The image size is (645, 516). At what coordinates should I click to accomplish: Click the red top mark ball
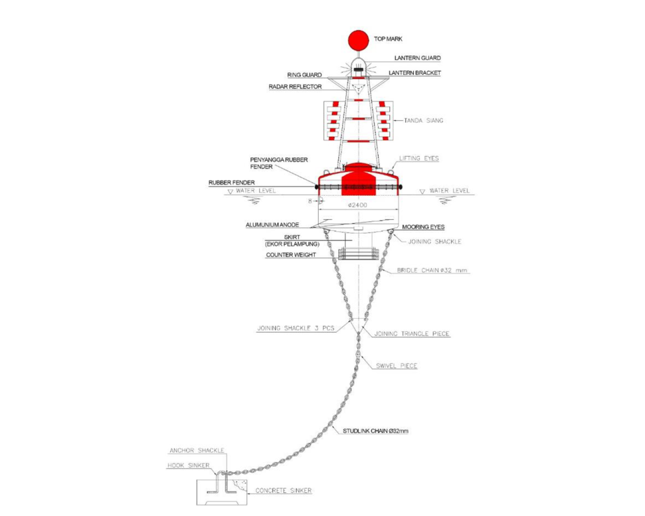coord(358,40)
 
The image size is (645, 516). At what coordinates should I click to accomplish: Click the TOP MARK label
coord(388,39)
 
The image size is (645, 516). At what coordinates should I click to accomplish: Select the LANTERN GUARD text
coord(417,58)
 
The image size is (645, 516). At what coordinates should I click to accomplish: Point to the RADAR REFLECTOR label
coord(295,87)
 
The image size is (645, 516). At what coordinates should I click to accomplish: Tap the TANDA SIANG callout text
coord(423,120)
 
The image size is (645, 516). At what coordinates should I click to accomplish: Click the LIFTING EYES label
coord(419,158)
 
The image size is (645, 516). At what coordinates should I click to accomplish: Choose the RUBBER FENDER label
coord(232,182)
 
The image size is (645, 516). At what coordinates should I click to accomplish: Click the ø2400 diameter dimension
coord(358,205)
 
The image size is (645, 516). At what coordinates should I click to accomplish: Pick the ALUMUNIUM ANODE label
coord(272,225)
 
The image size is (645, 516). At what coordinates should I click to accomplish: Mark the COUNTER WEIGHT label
coord(291,255)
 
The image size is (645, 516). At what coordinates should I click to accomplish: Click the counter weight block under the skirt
coord(358,253)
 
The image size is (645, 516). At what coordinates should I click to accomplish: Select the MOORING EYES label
coord(423,227)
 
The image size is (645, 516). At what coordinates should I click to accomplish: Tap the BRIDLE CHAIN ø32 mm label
coord(432,271)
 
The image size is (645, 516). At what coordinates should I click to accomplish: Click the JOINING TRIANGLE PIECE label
coord(412,334)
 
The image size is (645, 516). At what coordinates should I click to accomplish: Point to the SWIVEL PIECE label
coord(397,366)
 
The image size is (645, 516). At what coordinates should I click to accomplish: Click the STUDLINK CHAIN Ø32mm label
coord(375,431)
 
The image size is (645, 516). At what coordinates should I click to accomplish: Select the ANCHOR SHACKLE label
coord(197,450)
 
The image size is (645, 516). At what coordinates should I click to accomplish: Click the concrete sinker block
coord(222,493)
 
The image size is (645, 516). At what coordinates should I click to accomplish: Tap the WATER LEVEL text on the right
coord(449,190)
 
